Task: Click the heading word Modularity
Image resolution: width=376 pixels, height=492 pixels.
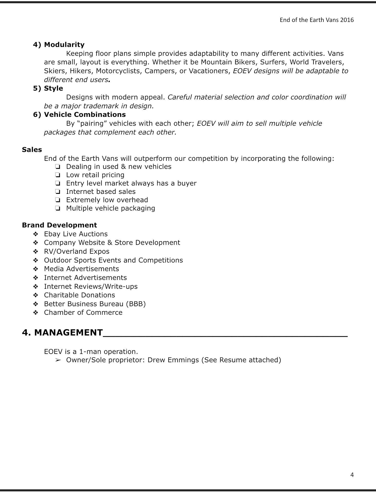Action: (64, 45)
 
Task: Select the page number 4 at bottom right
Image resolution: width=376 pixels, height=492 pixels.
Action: (352, 475)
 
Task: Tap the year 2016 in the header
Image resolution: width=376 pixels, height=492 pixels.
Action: (347, 20)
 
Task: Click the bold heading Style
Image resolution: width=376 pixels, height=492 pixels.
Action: (53, 88)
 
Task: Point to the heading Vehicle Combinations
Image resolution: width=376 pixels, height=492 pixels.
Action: (85, 115)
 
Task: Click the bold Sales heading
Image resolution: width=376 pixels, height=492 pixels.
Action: (32, 150)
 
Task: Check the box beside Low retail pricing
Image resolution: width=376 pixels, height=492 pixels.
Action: (57, 175)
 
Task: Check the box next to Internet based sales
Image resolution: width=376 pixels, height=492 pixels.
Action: (57, 192)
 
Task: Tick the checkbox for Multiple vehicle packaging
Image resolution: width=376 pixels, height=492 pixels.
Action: (57, 208)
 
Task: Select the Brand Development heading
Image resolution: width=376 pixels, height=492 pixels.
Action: (59, 225)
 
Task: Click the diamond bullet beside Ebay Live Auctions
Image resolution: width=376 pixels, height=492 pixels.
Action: (36, 234)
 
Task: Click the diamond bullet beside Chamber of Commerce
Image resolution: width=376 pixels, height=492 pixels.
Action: (36, 313)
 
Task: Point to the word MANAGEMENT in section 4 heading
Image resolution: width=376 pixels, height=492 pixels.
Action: (68, 333)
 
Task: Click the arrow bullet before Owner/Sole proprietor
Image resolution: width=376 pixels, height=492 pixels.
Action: (58, 360)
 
